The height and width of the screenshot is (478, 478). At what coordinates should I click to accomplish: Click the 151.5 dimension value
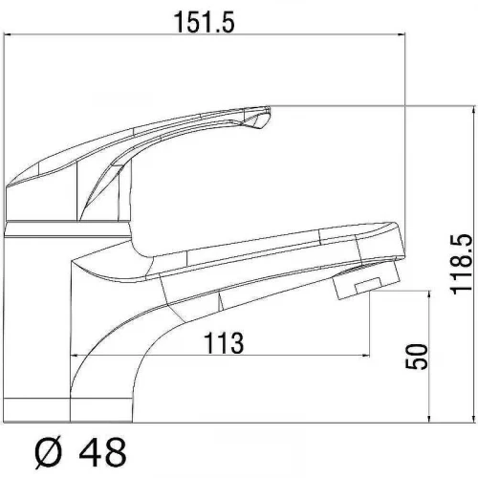[x=205, y=22]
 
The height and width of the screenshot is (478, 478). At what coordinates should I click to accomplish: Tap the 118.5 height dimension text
[x=461, y=264]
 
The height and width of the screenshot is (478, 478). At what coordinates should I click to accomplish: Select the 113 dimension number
[x=224, y=343]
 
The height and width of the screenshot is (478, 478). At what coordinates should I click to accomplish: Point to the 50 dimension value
[x=416, y=357]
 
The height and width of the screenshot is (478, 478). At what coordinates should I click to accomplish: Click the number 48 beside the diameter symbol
[x=102, y=452]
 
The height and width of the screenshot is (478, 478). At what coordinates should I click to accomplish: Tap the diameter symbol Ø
[x=48, y=452]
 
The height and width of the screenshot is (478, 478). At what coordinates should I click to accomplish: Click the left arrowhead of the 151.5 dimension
[x=8, y=33]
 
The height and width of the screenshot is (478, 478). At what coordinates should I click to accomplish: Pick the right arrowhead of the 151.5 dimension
[x=401, y=33]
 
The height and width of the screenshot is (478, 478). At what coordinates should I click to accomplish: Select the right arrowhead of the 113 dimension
[x=365, y=356]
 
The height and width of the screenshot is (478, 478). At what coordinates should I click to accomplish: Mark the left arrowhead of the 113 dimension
[x=75, y=356]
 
